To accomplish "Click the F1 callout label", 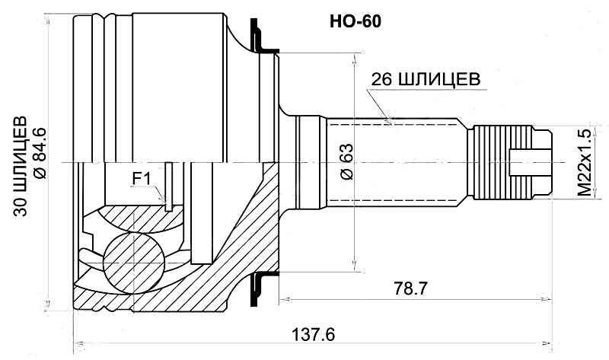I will (x=143, y=178).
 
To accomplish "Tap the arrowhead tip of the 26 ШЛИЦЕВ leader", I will (x=390, y=121).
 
